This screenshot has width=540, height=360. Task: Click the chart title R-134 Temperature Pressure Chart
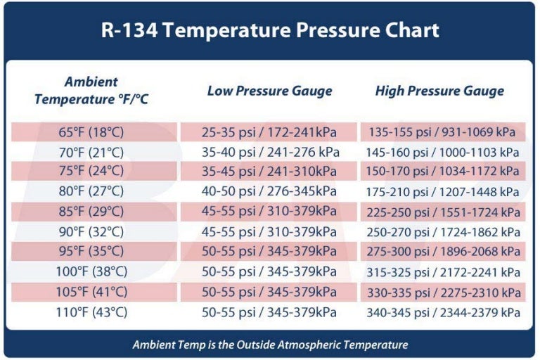click(x=270, y=31)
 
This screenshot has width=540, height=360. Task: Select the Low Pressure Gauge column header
click(x=269, y=91)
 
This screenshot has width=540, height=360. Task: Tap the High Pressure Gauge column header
click(x=439, y=91)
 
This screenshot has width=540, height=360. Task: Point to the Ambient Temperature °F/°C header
click(x=91, y=91)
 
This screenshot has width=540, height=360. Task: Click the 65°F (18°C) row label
click(x=91, y=131)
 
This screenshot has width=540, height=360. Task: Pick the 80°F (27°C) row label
click(x=91, y=192)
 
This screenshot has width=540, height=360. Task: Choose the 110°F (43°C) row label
click(x=91, y=313)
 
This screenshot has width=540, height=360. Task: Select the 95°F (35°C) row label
click(x=91, y=252)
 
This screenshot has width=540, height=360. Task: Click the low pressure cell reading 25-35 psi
click(x=269, y=131)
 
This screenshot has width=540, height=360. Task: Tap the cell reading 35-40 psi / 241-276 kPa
click(x=269, y=152)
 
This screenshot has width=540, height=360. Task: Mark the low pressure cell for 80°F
click(x=269, y=192)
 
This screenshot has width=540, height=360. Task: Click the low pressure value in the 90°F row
click(x=269, y=232)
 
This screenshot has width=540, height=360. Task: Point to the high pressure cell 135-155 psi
click(x=441, y=131)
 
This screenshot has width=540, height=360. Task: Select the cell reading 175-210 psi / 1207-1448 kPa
click(x=442, y=192)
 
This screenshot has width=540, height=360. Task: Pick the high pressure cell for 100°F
click(x=442, y=273)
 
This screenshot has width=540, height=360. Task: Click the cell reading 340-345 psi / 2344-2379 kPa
click(x=442, y=313)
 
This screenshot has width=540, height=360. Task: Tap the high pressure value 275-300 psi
click(x=442, y=252)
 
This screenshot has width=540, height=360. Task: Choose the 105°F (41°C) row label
click(x=91, y=292)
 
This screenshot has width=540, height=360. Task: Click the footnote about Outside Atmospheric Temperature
click(x=270, y=345)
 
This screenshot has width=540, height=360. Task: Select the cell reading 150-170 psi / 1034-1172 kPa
click(x=442, y=172)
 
